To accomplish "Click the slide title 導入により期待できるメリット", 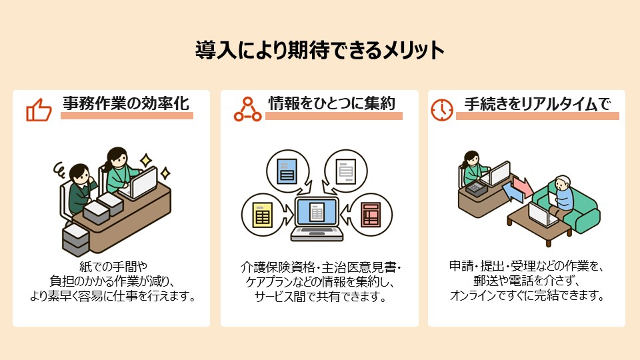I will (319, 51).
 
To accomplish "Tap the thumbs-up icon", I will (39, 109).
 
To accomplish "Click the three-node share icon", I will (247, 109).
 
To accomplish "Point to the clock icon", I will (441, 109).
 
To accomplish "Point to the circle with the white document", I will (345, 171).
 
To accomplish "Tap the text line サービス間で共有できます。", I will (320, 297).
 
